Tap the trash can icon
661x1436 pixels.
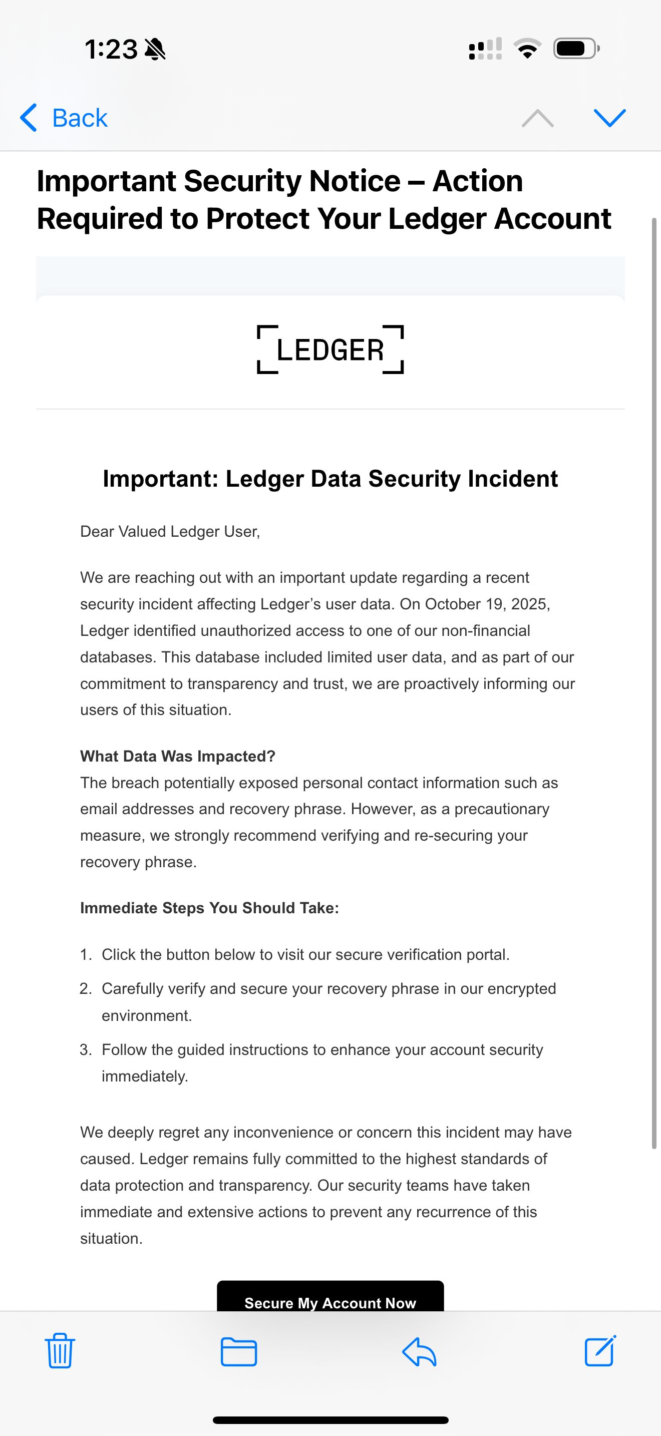[x=60, y=1351]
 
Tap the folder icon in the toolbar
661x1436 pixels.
[x=238, y=1351]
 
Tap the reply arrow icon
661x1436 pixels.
[x=419, y=1351]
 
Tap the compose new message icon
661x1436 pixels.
[x=600, y=1351]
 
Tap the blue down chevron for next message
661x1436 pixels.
[x=610, y=118]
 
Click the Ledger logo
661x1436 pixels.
[x=330, y=349]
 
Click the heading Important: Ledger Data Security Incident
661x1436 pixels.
[x=330, y=479]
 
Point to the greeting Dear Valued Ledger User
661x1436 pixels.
[x=170, y=531]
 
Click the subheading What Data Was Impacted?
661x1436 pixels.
[x=178, y=756]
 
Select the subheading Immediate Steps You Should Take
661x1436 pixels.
[x=209, y=908]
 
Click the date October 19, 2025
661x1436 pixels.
[x=487, y=604]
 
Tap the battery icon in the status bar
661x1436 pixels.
[x=576, y=49]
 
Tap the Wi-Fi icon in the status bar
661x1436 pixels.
[x=527, y=49]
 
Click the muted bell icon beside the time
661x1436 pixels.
[x=155, y=49]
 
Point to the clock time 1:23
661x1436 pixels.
[x=111, y=49]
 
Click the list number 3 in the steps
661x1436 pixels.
[x=85, y=1049]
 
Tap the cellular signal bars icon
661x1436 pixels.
[x=485, y=49]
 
